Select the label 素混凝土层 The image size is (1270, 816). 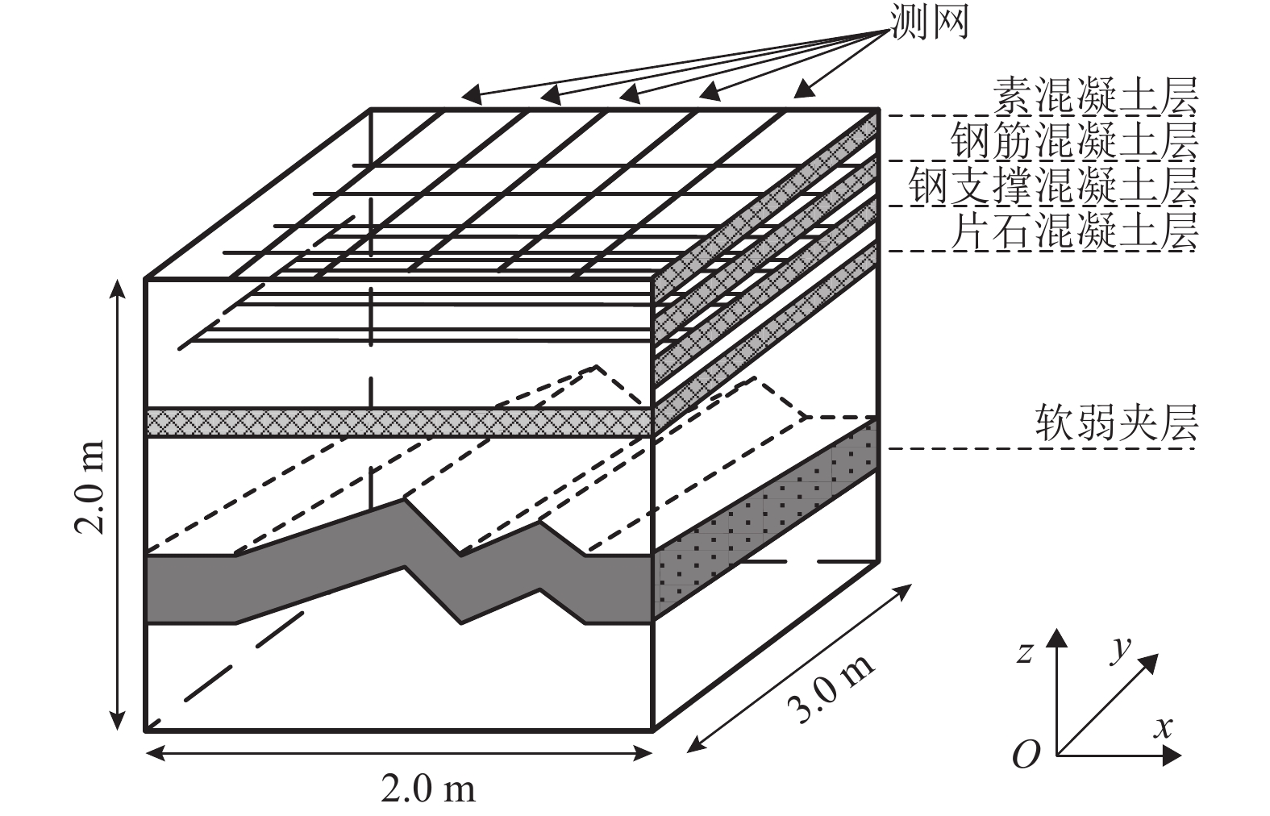click(1096, 95)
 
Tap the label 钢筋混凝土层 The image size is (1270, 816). click(1075, 140)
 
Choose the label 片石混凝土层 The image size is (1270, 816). click(1075, 231)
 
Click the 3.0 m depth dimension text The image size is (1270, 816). click(831, 688)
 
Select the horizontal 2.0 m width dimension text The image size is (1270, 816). click(429, 789)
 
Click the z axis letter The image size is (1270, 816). click(1025, 652)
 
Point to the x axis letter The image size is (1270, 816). click(1162, 728)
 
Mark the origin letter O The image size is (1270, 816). click(1025, 755)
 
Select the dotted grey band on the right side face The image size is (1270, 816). click(765, 519)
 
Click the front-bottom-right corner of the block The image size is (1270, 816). click(652, 731)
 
